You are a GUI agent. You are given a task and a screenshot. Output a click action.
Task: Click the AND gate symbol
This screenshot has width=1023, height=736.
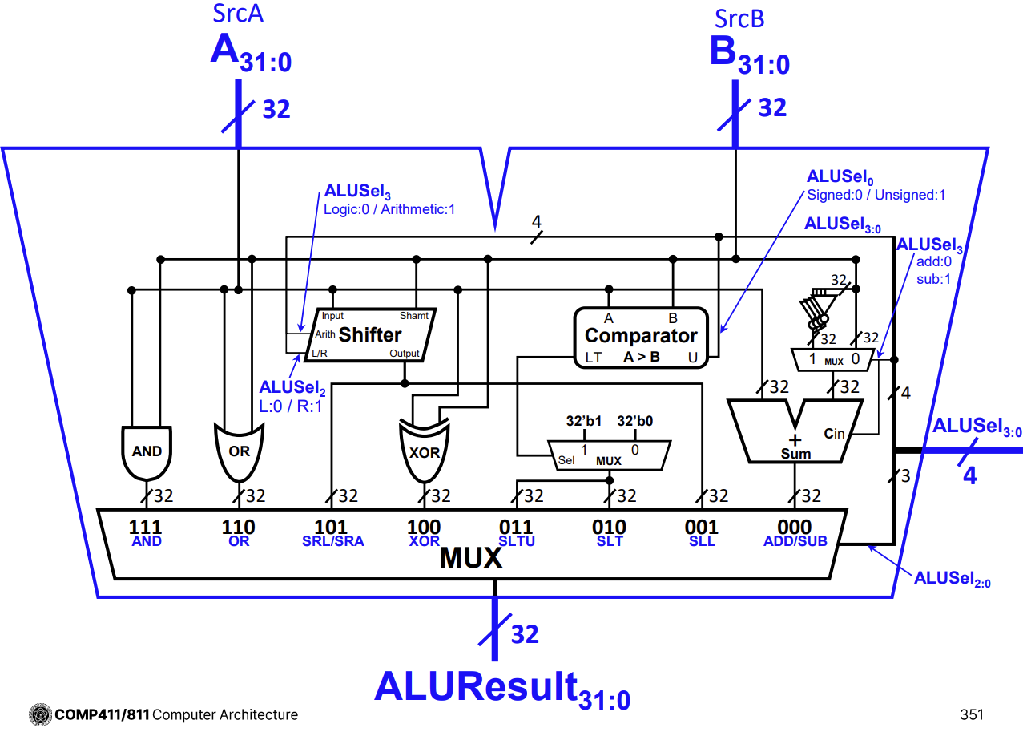pyautogui.click(x=147, y=451)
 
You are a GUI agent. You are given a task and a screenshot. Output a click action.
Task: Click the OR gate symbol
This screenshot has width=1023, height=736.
pyautogui.click(x=239, y=451)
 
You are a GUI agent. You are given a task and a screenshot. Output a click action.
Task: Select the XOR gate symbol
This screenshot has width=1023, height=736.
pyautogui.click(x=424, y=451)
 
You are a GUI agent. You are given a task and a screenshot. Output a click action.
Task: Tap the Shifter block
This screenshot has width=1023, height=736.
pyautogui.click(x=370, y=334)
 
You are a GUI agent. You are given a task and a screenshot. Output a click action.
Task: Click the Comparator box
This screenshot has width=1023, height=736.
pyautogui.click(x=641, y=337)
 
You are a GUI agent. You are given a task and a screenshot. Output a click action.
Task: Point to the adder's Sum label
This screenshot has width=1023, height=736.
pyautogui.click(x=795, y=454)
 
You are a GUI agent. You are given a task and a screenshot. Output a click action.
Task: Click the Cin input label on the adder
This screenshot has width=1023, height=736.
pyautogui.click(x=834, y=434)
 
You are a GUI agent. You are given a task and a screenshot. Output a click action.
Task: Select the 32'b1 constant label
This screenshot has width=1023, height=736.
pyautogui.click(x=584, y=420)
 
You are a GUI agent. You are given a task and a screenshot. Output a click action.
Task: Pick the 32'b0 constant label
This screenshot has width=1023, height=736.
pyautogui.click(x=636, y=420)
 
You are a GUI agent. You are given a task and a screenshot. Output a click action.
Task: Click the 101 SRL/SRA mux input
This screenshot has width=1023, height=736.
pyautogui.click(x=332, y=533)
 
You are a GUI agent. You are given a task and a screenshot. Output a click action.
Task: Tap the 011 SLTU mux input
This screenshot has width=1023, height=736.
pyautogui.click(x=516, y=533)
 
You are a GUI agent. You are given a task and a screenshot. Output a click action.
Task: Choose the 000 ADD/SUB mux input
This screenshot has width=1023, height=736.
pyautogui.click(x=795, y=533)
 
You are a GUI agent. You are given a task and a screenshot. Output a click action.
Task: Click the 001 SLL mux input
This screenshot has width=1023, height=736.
pyautogui.click(x=701, y=533)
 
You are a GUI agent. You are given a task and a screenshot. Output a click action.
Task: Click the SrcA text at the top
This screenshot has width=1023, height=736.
pyautogui.click(x=239, y=15)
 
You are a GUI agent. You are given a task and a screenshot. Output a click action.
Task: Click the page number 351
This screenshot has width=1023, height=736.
pyautogui.click(x=971, y=714)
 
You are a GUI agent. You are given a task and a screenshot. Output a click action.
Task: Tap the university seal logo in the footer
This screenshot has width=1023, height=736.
pyautogui.click(x=40, y=714)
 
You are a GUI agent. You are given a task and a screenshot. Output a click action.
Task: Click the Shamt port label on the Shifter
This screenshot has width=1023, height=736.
pyautogui.click(x=414, y=316)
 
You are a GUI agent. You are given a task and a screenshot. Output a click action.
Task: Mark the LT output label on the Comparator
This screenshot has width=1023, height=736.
pyautogui.click(x=593, y=358)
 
